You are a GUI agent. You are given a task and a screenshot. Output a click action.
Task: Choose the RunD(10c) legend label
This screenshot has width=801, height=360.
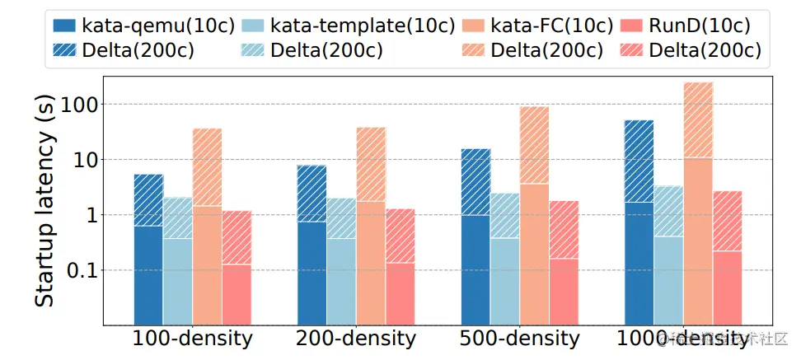[x=705, y=24]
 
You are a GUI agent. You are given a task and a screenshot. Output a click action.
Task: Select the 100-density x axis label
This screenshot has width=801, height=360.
[x=192, y=339]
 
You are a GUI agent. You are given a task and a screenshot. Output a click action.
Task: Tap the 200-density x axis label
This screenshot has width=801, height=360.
[x=355, y=339]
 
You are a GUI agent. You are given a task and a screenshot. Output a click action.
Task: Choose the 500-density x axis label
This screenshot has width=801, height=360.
[x=519, y=339]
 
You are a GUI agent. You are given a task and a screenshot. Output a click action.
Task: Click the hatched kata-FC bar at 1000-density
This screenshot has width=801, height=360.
[x=698, y=120]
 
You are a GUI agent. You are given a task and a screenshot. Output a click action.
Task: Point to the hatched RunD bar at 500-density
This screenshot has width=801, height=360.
[x=564, y=230]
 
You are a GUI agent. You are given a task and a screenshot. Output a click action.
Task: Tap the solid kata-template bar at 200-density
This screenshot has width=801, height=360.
[x=341, y=280]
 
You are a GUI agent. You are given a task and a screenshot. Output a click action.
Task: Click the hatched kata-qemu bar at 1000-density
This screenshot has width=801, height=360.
[x=639, y=161]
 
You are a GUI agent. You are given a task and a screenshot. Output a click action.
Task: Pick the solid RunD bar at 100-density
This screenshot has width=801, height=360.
[x=237, y=293]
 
